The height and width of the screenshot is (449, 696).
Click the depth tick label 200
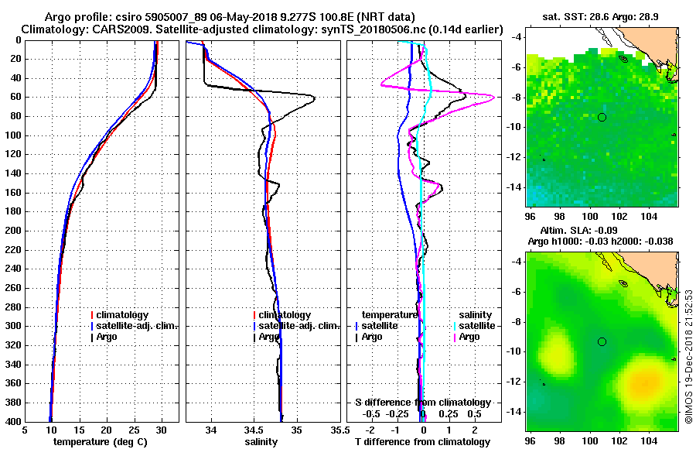(x=12, y=231)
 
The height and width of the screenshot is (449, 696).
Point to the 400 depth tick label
(x=12, y=421)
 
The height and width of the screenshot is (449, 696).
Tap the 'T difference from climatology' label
(x=422, y=442)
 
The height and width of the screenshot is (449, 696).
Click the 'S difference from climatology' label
(x=422, y=403)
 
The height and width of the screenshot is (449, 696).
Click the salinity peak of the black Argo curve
(x=313, y=97)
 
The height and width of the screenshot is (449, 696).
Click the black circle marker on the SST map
(x=602, y=117)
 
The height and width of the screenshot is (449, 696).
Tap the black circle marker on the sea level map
(x=602, y=341)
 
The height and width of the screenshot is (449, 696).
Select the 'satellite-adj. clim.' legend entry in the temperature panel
(x=137, y=326)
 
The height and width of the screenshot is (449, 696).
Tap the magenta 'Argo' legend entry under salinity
(x=469, y=337)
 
